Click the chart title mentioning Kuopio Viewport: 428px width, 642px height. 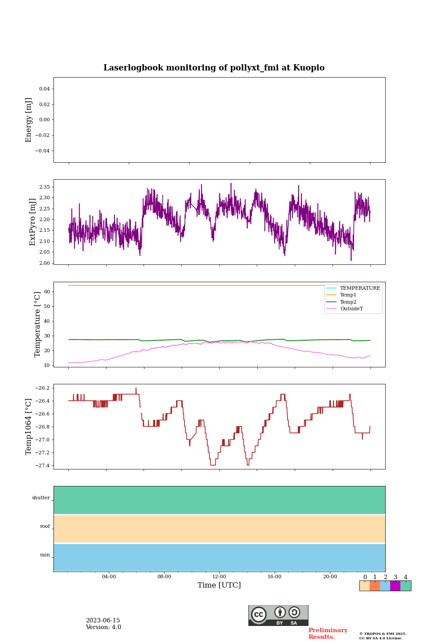coord(214,68)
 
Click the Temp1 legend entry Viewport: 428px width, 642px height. coord(348,295)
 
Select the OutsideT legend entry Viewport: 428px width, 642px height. coord(351,309)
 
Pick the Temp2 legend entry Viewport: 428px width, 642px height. coord(348,302)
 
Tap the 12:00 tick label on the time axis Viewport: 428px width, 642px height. coord(219,576)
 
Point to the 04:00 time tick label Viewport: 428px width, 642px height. coord(109,576)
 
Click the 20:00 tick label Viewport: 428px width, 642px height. coord(330,576)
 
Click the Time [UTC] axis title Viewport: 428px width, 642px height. coord(219,585)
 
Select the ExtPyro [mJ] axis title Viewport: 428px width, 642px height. coord(33,222)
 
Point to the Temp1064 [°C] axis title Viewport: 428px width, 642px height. coord(29,427)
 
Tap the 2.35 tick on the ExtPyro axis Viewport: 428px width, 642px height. coord(45,187)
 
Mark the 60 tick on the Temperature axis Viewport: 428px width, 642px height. coord(46,292)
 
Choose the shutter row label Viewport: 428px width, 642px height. coord(41,498)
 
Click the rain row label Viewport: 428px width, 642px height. coord(45,555)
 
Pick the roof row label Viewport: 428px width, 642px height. coord(45,527)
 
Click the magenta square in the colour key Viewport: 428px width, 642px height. coord(395,586)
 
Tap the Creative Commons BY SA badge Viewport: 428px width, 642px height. coord(278,615)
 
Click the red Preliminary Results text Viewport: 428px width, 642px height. coord(328,634)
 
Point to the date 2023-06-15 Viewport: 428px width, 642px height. coord(103,621)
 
